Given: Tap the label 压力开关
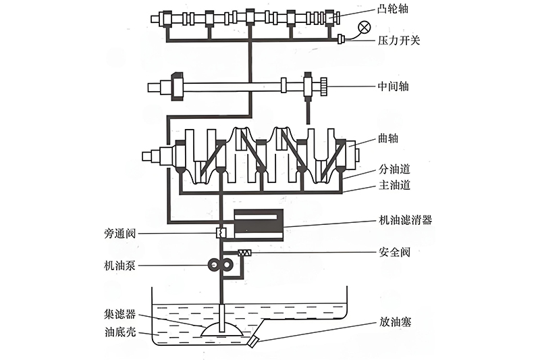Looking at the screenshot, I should tap(398, 41).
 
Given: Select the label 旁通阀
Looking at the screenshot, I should tap(122, 234).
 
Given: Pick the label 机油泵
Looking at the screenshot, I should tap(122, 266).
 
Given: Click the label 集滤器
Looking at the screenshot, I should tap(122, 314).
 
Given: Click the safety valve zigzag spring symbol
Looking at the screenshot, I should tap(244, 253).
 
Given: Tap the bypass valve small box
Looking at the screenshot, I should tap(220, 233).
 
